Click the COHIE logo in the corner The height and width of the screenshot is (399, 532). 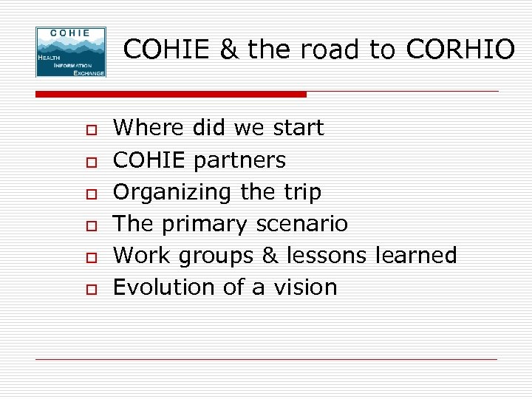click(x=71, y=52)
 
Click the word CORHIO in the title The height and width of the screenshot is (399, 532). click(x=460, y=50)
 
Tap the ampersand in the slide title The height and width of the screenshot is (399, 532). click(x=229, y=50)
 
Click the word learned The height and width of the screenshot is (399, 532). click(x=416, y=255)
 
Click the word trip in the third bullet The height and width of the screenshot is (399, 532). click(x=300, y=193)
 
